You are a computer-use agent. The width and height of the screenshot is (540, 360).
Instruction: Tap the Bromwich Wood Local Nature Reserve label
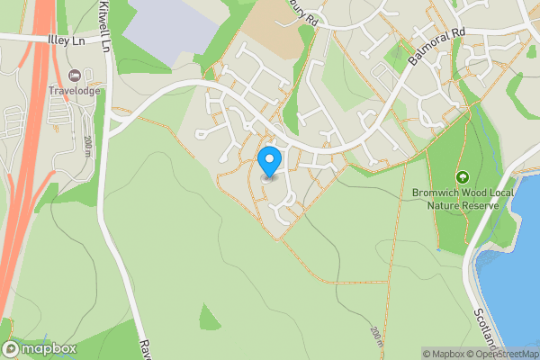[463, 198]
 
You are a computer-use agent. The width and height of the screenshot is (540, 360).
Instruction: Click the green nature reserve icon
[463, 176]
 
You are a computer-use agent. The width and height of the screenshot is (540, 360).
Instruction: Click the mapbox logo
[40, 348]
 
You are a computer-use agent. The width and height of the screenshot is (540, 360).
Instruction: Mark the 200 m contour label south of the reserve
[376, 338]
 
